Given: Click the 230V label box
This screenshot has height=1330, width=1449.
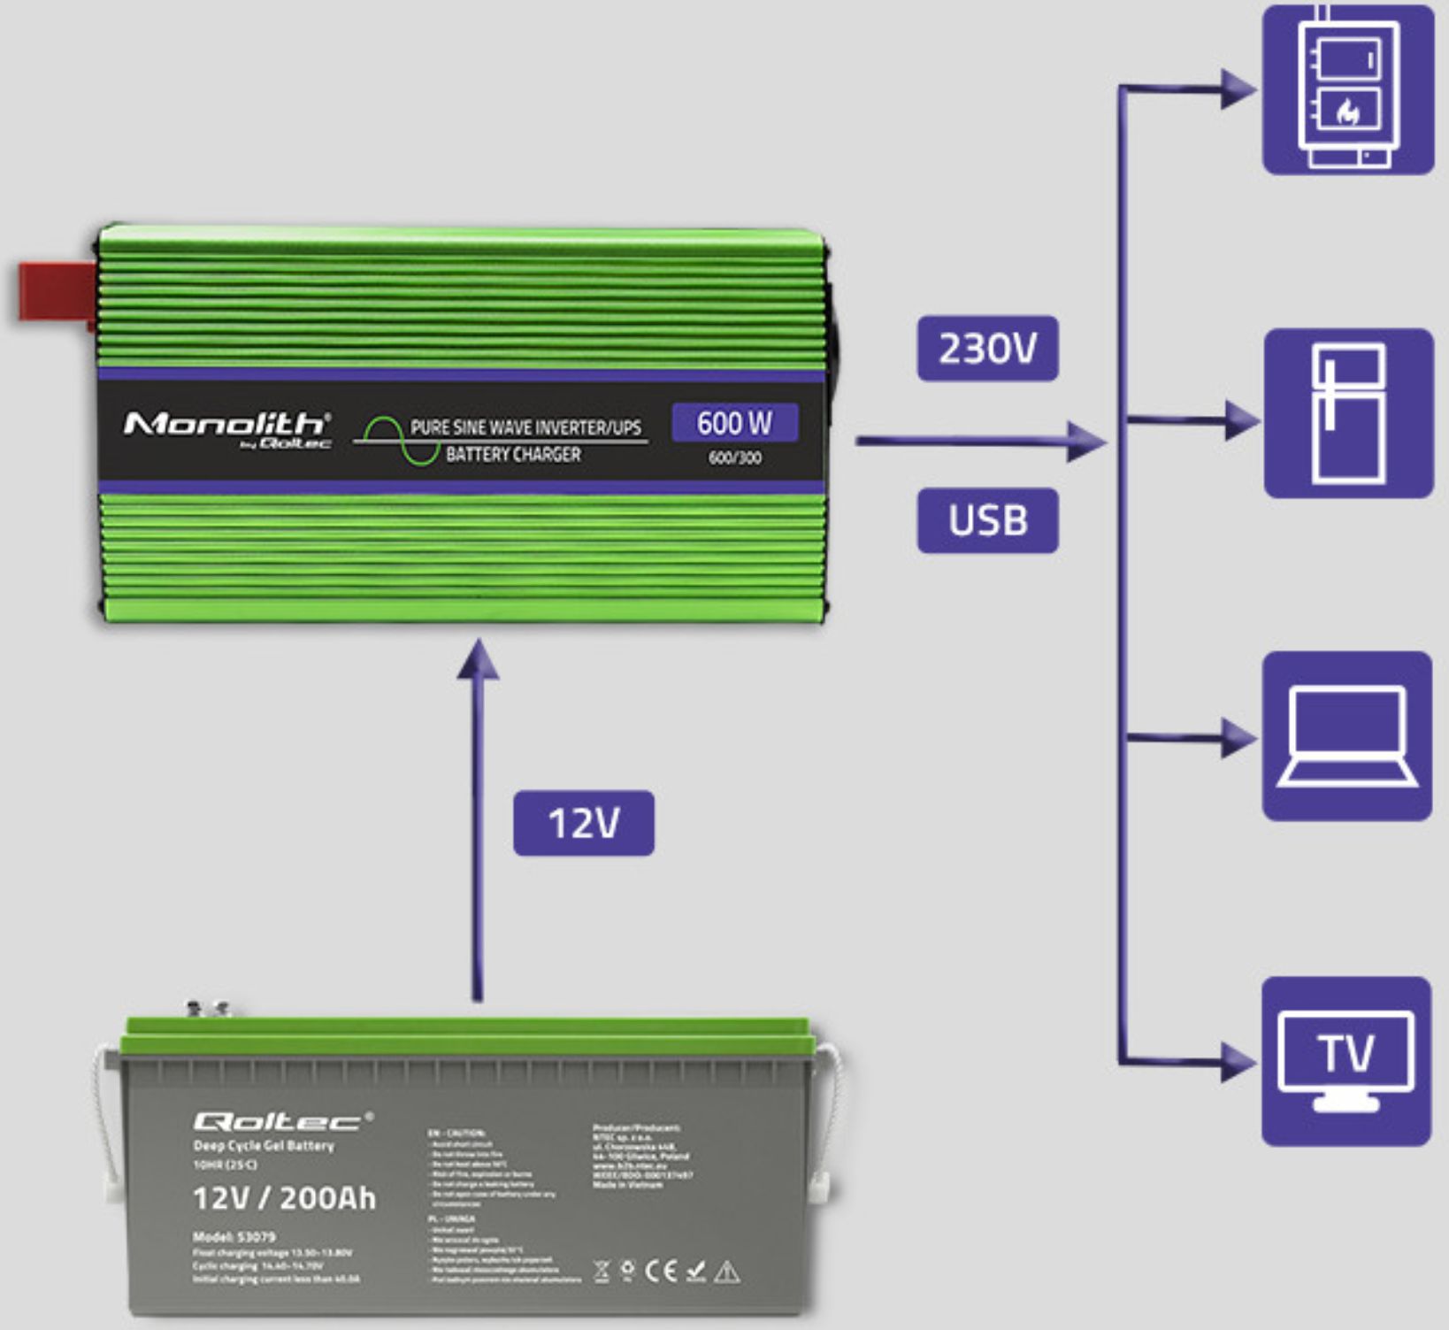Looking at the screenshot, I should coord(987,349).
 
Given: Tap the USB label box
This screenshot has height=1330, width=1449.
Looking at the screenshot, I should coord(987,520).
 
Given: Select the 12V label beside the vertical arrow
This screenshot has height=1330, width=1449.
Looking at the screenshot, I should coord(584,823).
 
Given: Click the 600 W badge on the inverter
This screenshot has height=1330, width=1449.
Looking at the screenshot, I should coord(734,422).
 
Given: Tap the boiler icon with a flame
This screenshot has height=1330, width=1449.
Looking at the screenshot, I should coord(1347,88).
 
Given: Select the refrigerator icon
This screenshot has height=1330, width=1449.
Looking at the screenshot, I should coord(1348,413).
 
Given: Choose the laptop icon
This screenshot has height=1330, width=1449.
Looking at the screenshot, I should coord(1347,736).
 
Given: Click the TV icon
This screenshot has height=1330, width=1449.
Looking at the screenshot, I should coord(1346,1062).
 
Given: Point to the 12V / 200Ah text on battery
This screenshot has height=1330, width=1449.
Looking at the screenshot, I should coord(284,1198).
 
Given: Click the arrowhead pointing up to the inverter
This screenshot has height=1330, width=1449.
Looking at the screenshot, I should coord(478,660).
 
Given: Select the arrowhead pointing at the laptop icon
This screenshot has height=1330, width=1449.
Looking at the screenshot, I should coord(1238,737).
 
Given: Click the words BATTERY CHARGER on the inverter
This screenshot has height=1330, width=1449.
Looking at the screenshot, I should coord(513,454).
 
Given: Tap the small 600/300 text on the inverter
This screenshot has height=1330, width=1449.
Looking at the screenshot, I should coord(734,457).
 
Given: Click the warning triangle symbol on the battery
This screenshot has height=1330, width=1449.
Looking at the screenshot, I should coord(726,1272).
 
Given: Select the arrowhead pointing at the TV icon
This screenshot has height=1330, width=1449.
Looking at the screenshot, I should coord(1238,1061).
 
